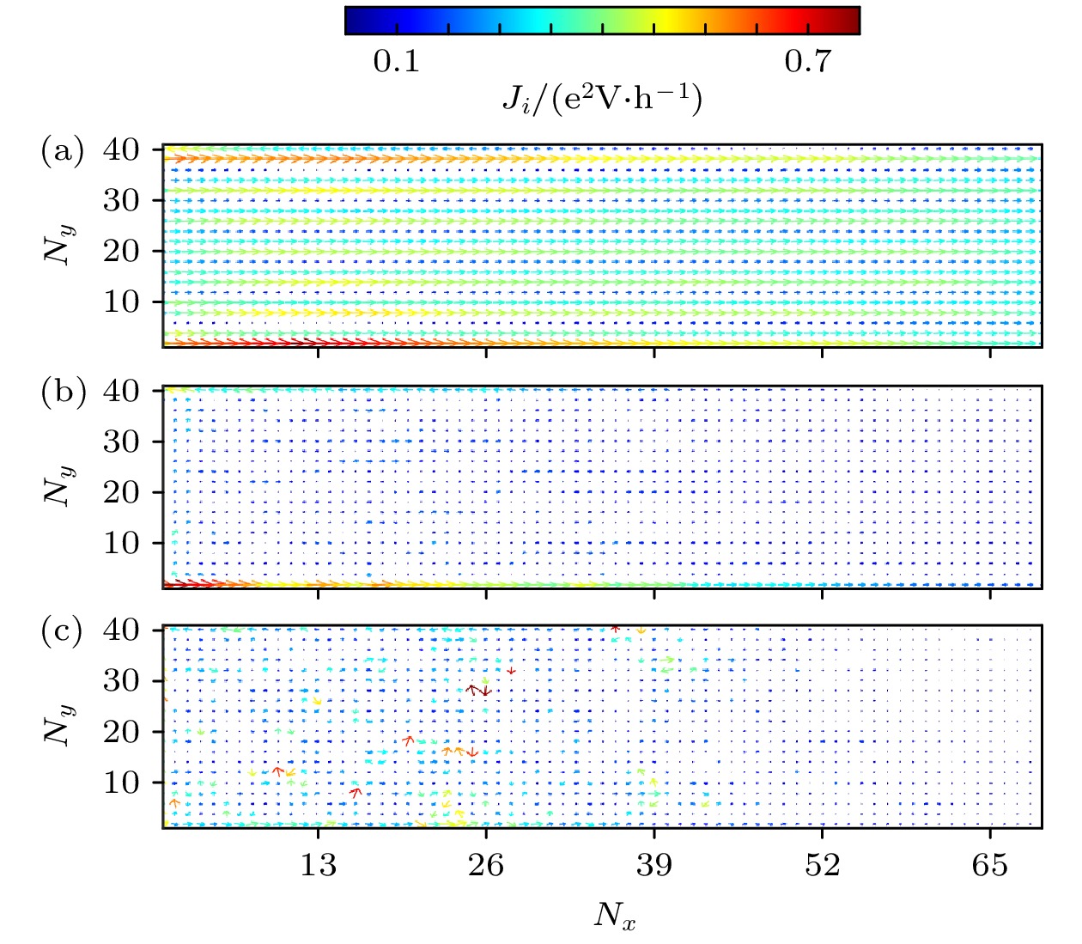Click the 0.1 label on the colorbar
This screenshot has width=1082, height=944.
click(396, 62)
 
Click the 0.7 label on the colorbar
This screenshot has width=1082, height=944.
click(808, 62)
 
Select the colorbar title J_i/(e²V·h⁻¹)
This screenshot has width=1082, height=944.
click(602, 99)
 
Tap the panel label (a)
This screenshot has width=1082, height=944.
click(63, 151)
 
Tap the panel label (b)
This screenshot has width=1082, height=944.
click(63, 392)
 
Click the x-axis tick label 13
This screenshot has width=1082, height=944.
click(318, 865)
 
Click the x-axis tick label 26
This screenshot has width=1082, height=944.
click(486, 865)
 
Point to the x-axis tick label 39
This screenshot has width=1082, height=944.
click(654, 865)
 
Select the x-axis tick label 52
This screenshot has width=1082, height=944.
click(822, 865)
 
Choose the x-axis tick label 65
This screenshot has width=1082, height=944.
click(989, 865)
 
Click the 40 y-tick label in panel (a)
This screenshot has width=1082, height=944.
click(121, 150)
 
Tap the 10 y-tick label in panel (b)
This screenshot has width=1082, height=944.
click(121, 543)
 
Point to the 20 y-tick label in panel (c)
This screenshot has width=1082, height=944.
click(121, 732)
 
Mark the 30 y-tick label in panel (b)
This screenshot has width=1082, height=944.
click(121, 442)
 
